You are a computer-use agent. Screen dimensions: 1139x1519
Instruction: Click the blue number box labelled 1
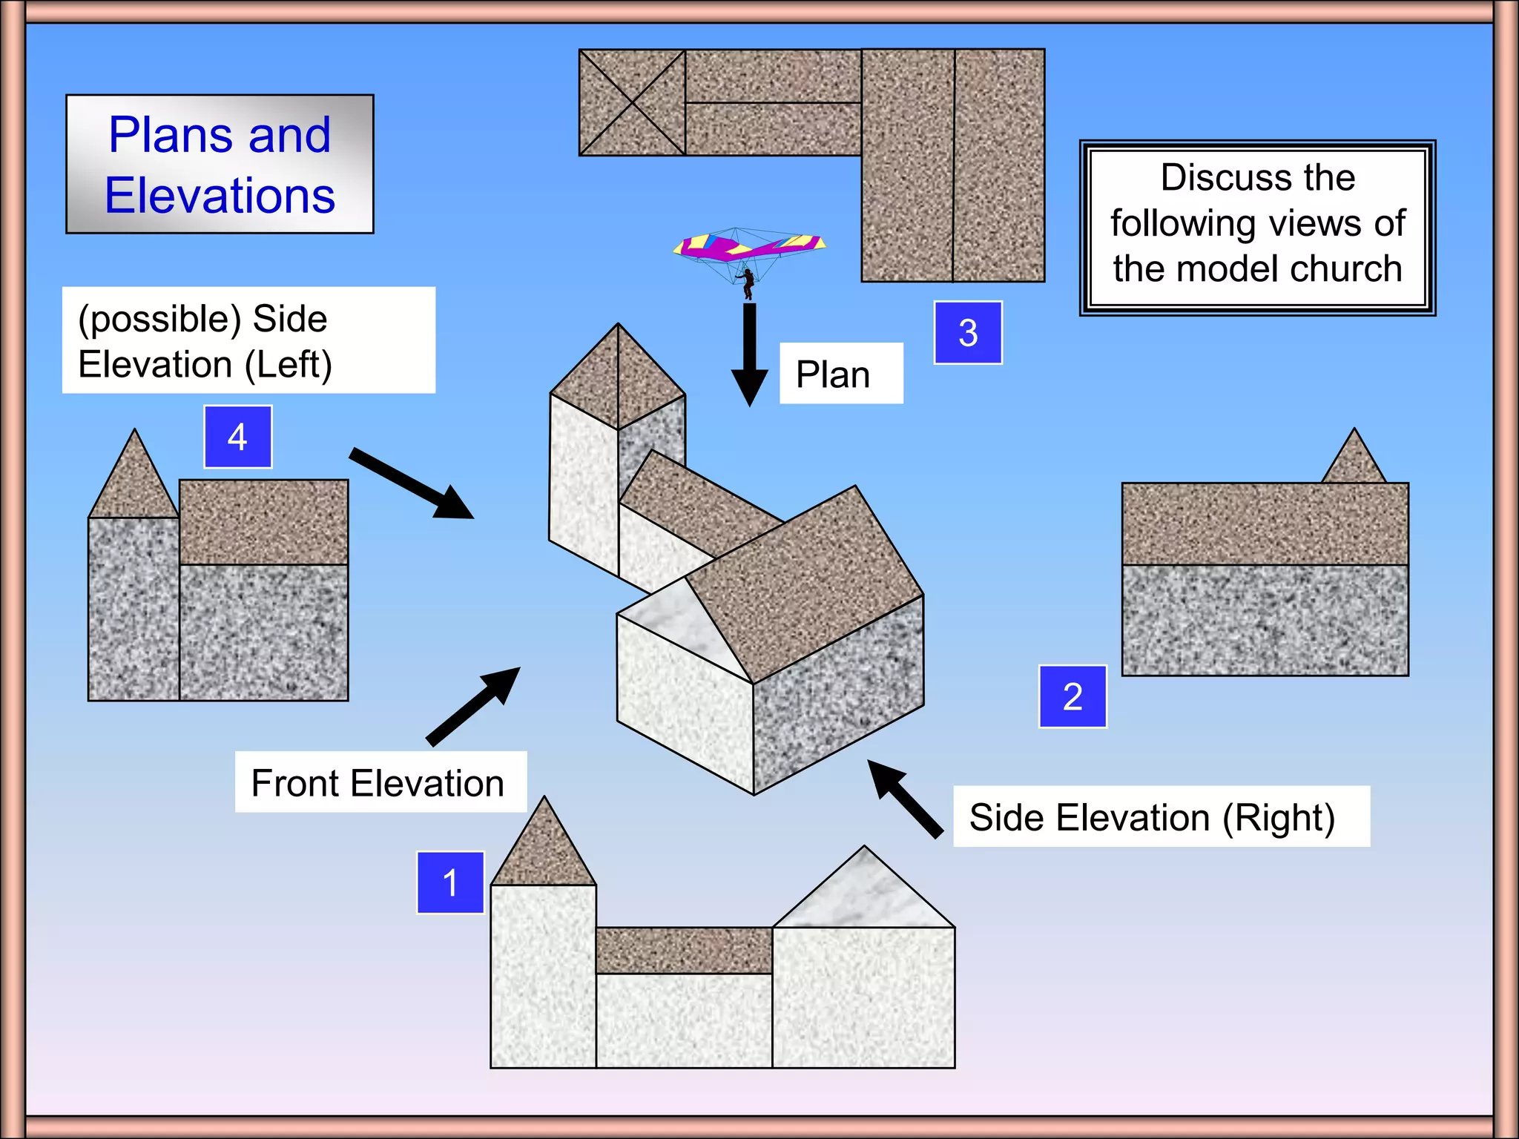[x=450, y=882]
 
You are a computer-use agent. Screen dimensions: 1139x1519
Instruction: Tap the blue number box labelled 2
[x=1072, y=696]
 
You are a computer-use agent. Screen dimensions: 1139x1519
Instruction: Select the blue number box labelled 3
[x=968, y=332]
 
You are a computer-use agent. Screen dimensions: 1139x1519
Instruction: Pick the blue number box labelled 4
[x=237, y=437]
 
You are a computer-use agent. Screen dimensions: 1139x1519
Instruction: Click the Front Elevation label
[x=378, y=783]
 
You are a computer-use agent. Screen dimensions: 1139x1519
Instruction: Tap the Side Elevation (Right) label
[x=1152, y=817]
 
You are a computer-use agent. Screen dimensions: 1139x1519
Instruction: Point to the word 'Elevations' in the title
[x=220, y=196]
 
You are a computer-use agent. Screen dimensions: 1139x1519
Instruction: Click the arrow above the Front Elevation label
[x=474, y=705]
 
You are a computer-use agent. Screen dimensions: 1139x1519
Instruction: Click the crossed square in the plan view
[x=632, y=102]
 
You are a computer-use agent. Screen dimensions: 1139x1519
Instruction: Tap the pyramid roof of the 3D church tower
[x=617, y=378]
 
